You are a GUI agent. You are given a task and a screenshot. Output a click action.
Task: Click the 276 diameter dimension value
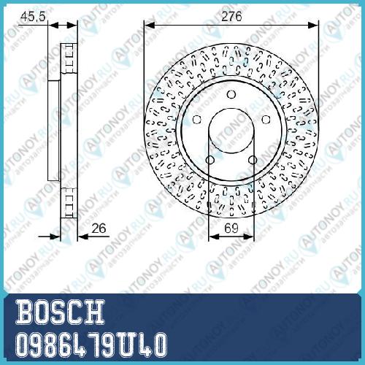(231, 17)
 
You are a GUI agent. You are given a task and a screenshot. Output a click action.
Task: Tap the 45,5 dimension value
(33, 17)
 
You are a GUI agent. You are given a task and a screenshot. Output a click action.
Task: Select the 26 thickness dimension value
(99, 228)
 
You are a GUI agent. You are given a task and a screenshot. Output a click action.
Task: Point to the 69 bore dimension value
(231, 228)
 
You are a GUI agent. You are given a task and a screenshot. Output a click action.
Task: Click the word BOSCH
(61, 312)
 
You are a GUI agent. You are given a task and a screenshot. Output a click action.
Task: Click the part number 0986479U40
(91, 345)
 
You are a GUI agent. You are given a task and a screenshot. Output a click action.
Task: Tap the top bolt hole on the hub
(231, 94)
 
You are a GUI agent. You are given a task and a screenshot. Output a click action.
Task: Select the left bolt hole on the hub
(196, 120)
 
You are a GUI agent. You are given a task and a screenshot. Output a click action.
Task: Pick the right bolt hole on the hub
(266, 120)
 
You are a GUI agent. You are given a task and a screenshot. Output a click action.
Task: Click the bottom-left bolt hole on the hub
(210, 160)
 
